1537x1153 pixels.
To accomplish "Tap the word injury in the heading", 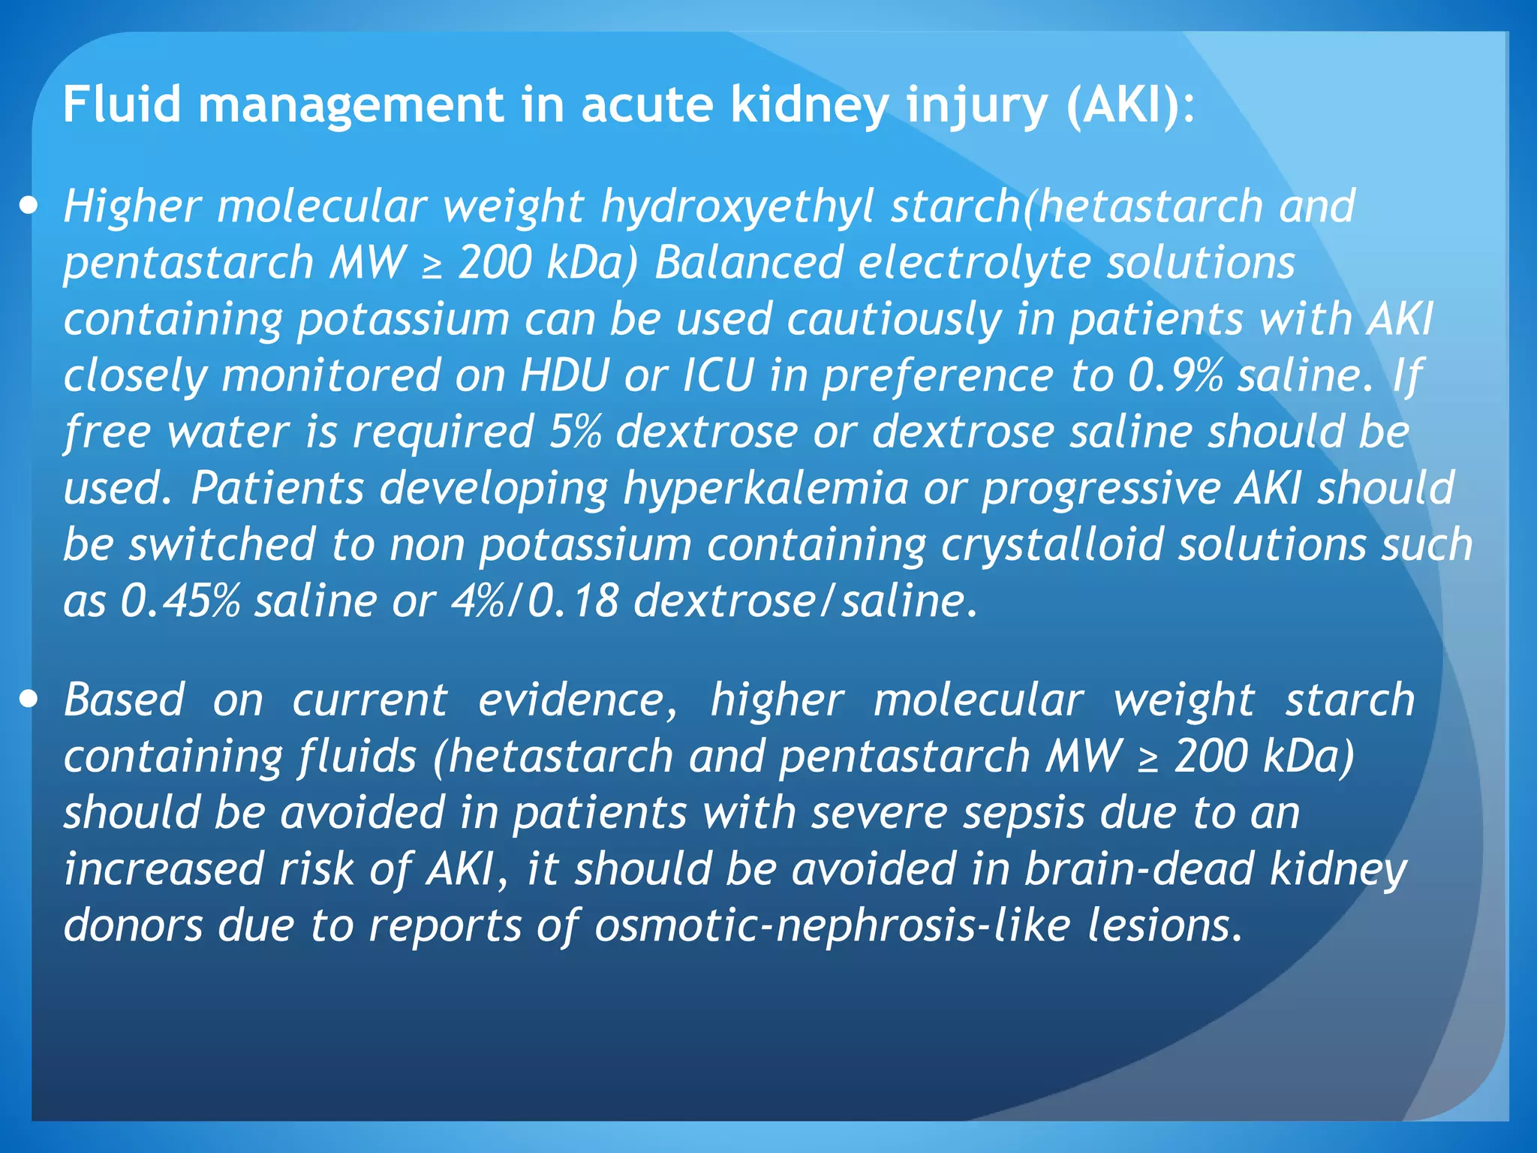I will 976,105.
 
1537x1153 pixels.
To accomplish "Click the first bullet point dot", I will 29,206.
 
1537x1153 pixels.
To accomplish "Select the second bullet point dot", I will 29,700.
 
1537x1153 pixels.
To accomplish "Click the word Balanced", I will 748,263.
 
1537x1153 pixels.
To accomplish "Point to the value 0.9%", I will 1175,375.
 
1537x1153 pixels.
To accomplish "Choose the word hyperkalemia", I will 765,489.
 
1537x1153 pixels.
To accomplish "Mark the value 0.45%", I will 180,601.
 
